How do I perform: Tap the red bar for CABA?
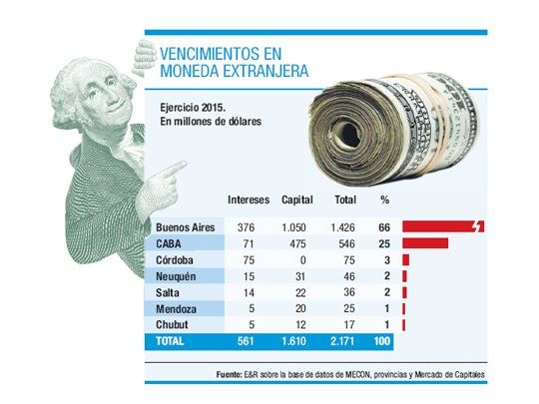[x=425, y=243]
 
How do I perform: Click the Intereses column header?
[x=250, y=199]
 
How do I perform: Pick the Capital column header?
[x=297, y=199]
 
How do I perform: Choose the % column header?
[x=384, y=199]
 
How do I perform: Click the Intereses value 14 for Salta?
[x=250, y=291]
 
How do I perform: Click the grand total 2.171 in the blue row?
[x=342, y=341]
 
